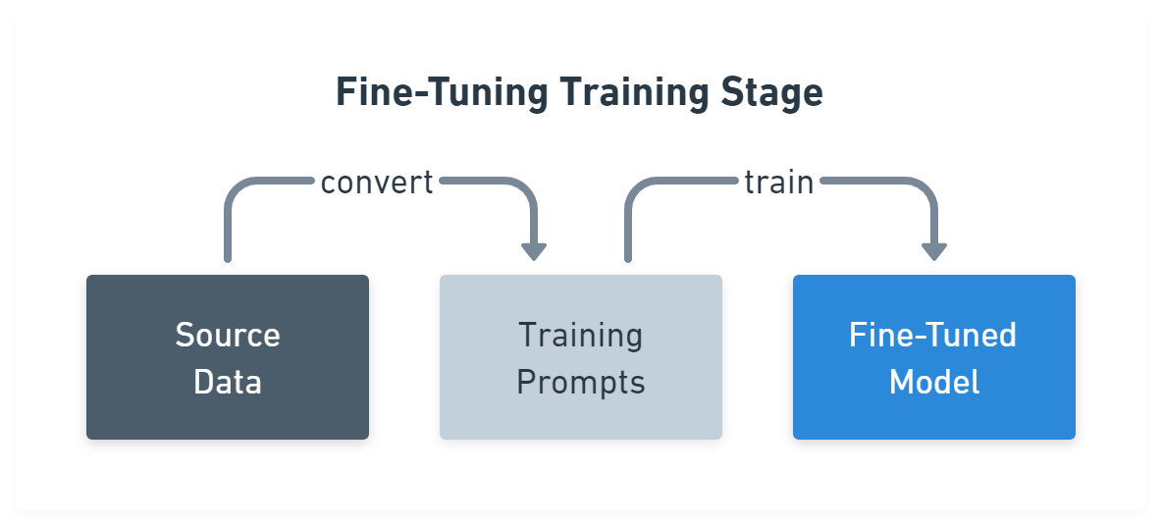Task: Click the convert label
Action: pos(377,183)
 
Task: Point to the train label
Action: pos(778,183)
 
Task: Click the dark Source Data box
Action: pos(228,357)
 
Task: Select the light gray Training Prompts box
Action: pos(581,357)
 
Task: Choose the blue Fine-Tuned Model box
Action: pos(934,357)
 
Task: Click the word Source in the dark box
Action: pos(228,335)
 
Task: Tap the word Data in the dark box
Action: pos(228,382)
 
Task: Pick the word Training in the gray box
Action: pos(581,335)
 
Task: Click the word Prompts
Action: pos(581,382)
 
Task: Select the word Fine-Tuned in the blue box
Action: pos(932,335)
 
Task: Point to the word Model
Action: pos(934,382)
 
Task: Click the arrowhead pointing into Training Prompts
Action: pos(533,251)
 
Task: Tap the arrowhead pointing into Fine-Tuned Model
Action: pos(934,251)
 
